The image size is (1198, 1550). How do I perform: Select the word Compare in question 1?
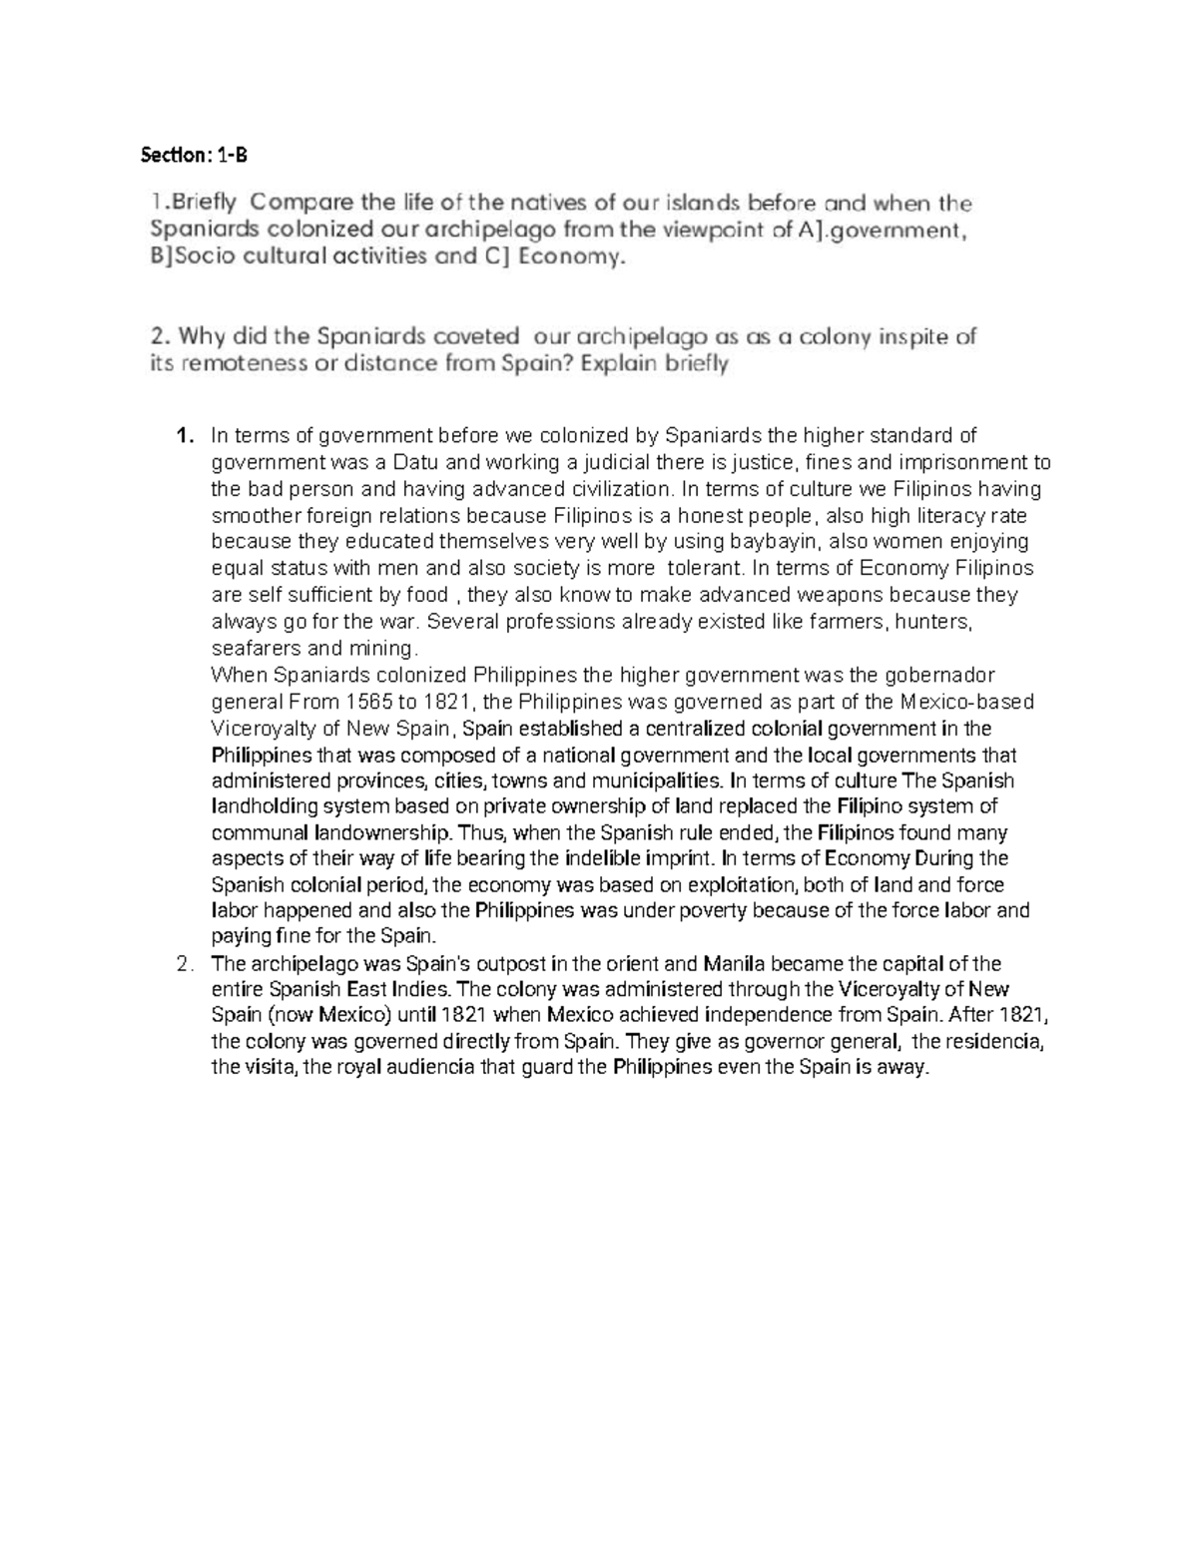(299, 204)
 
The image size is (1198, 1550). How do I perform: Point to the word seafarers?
(254, 648)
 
